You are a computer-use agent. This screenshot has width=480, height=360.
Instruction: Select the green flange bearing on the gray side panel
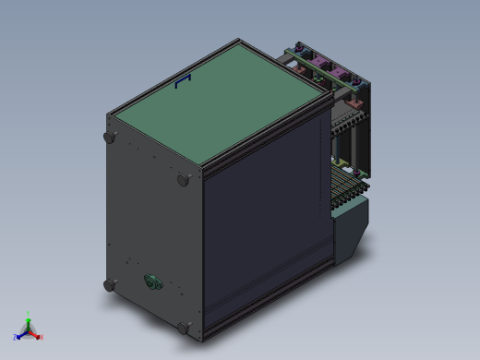[154, 281]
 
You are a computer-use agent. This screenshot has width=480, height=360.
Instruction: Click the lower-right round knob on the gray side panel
[185, 328]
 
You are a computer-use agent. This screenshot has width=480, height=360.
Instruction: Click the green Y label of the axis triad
[28, 313]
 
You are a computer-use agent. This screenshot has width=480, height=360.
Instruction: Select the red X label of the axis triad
[41, 337]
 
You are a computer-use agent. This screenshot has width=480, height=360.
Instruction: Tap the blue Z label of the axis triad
[16, 337]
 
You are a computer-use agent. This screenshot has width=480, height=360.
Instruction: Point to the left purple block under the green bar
[320, 63]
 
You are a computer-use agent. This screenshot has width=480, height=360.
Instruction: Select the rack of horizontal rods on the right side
[349, 189]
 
